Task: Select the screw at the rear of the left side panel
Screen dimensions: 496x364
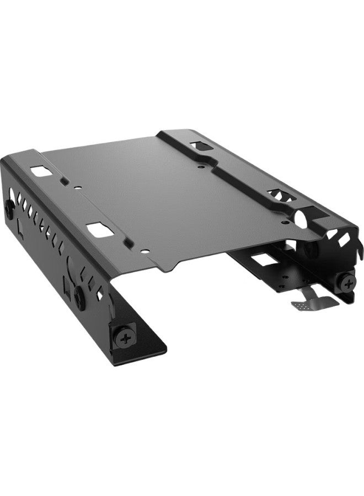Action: (9, 206)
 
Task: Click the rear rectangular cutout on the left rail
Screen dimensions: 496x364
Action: (39, 172)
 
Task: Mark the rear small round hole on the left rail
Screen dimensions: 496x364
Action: (78, 187)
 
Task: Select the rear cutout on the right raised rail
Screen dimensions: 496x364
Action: (198, 147)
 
